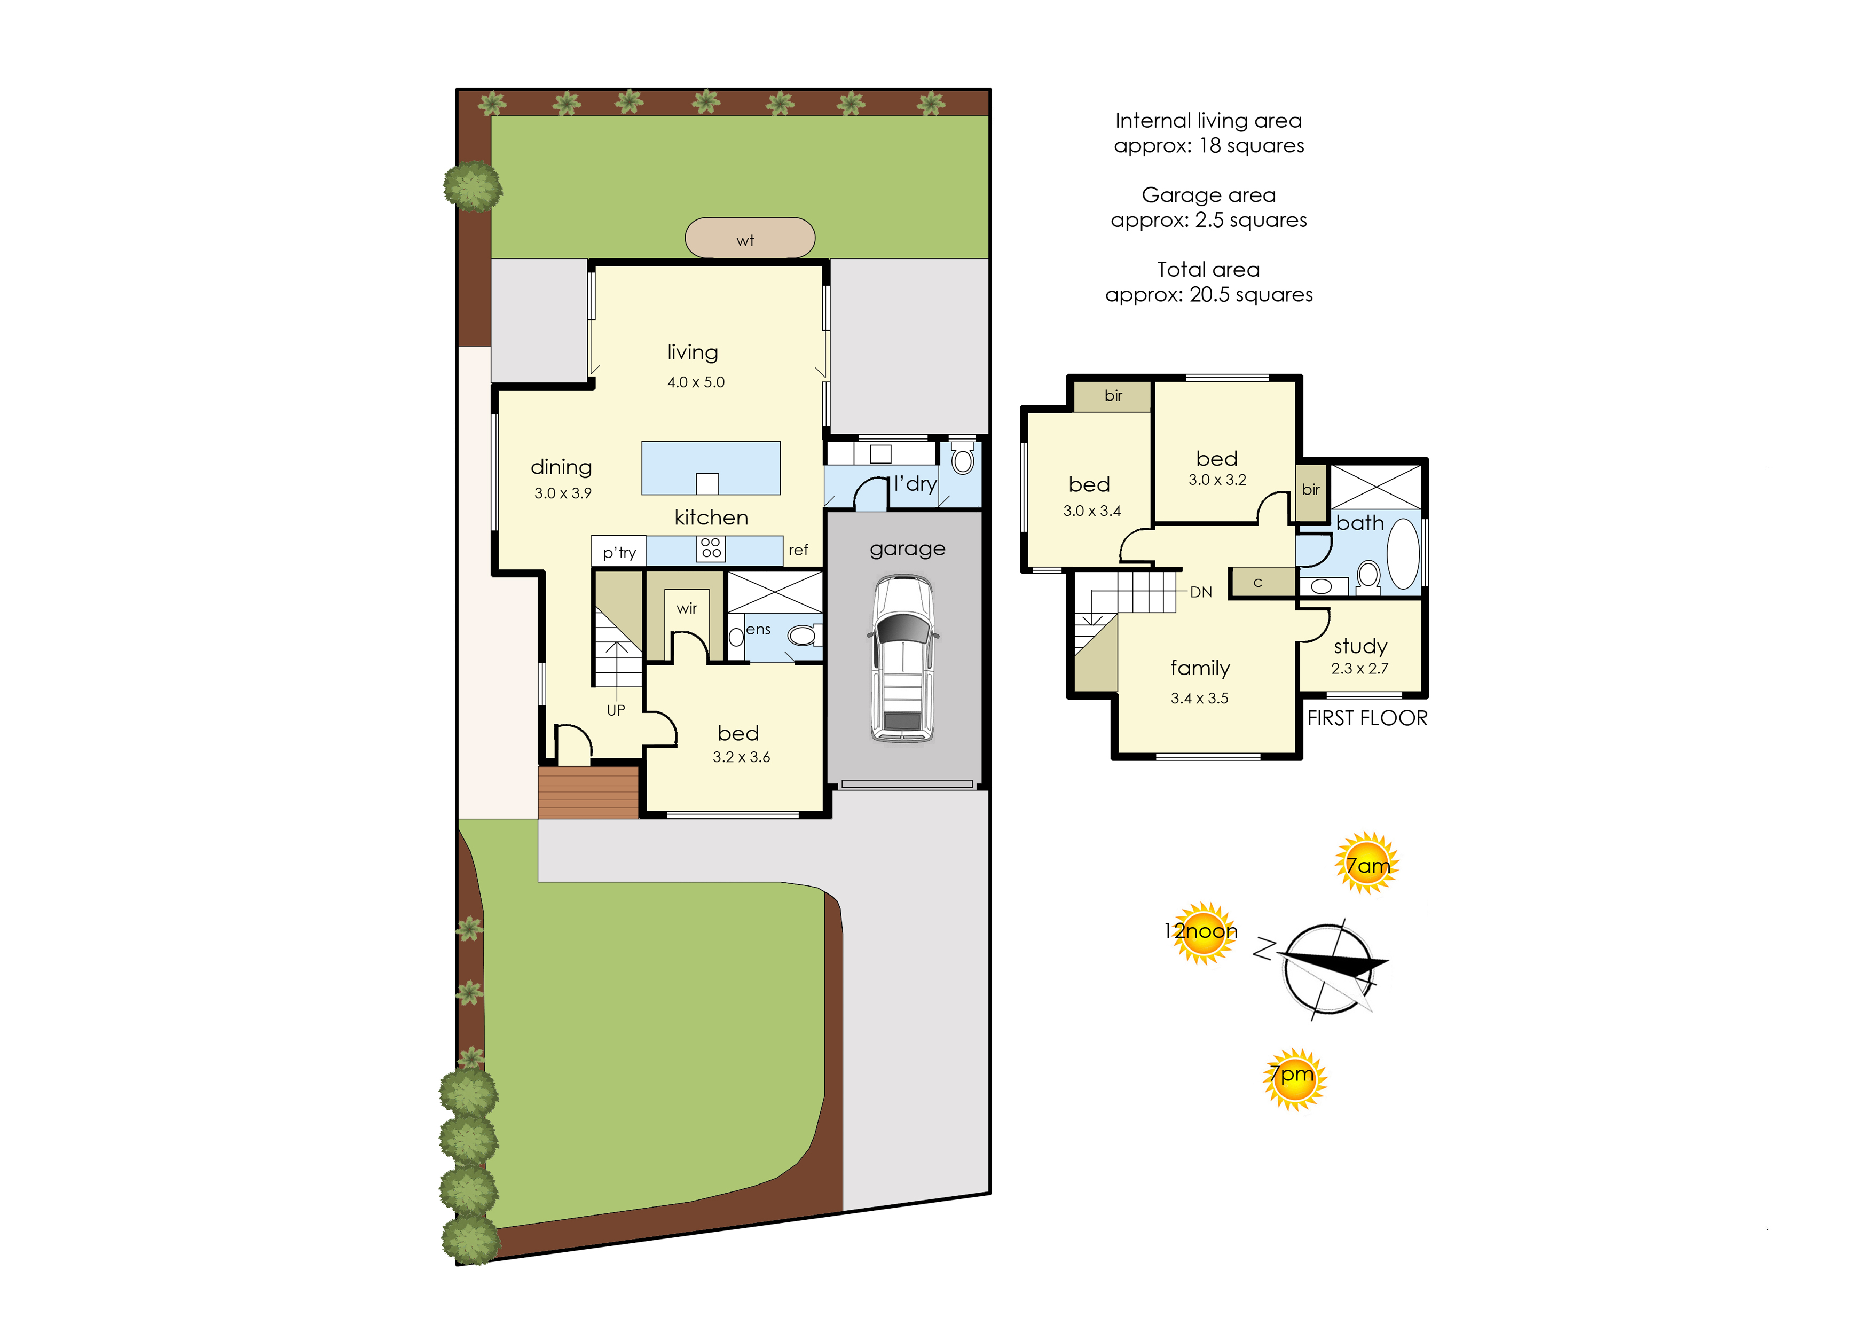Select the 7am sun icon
(x=1367, y=863)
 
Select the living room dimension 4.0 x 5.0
(x=696, y=382)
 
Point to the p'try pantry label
(x=619, y=553)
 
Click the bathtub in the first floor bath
(x=1403, y=553)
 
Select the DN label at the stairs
(x=1201, y=592)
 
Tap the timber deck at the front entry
(x=588, y=792)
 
